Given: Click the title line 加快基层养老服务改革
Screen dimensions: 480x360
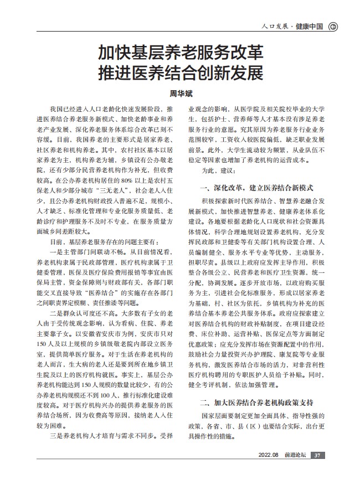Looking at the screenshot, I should tap(180, 53).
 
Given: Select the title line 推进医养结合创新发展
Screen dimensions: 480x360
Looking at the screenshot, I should tap(180, 73).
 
